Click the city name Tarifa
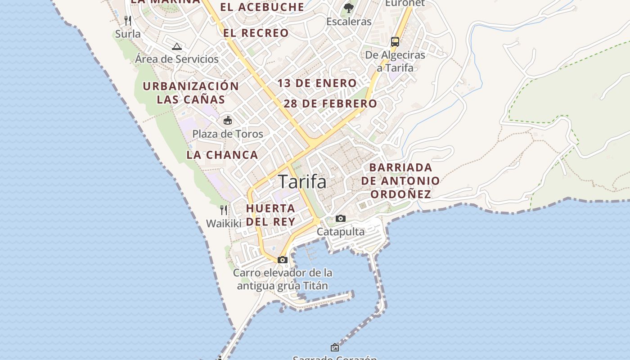[x=302, y=182]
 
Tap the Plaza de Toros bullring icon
[x=228, y=120]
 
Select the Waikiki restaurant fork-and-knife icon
[x=224, y=210]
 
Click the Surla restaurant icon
[x=128, y=20]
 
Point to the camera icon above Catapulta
[x=341, y=219]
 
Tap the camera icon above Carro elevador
[x=283, y=260]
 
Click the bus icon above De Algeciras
[x=395, y=42]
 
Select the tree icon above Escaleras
[x=349, y=8]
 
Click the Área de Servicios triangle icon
[x=177, y=46]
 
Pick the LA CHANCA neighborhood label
[x=222, y=155]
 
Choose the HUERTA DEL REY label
[x=270, y=215]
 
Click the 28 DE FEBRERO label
[x=330, y=103]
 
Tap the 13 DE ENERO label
[x=317, y=83]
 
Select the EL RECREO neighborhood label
[x=256, y=33]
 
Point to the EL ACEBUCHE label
[x=262, y=7]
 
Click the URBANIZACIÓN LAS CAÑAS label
[x=191, y=92]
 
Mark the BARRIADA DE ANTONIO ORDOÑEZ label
[x=400, y=181]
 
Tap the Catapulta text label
[x=341, y=231]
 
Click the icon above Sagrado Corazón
[x=335, y=347]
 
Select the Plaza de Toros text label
[x=228, y=134]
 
